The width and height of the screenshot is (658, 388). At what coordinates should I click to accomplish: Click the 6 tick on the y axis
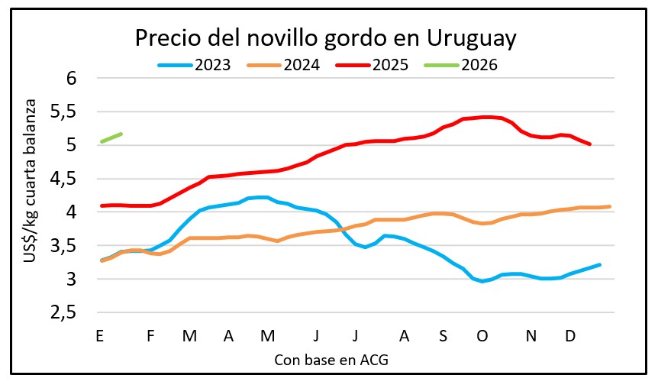pyautogui.click(x=72, y=78)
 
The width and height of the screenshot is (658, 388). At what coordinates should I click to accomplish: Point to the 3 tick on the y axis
pyautogui.click(x=72, y=280)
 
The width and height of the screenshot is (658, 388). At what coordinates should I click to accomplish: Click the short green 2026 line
pyautogui.click(x=111, y=137)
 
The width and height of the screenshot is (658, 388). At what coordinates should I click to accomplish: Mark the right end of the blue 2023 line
pyautogui.click(x=600, y=264)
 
